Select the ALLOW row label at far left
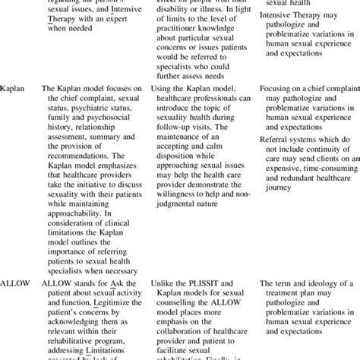pyautogui.click(x=17, y=283)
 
